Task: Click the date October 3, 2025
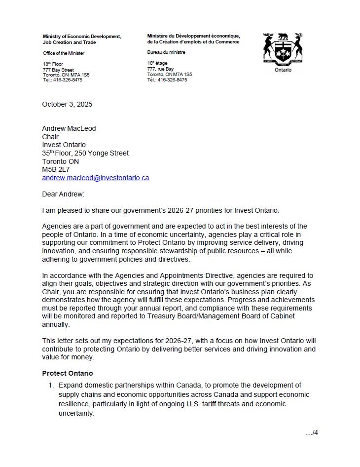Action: click(x=67, y=104)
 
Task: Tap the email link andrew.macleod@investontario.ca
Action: click(x=95, y=178)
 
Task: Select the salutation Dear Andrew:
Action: click(x=63, y=194)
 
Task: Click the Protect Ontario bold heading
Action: click(x=67, y=373)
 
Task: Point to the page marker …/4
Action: click(x=312, y=433)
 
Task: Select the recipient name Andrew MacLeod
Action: click(x=69, y=128)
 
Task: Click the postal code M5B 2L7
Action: click(x=56, y=169)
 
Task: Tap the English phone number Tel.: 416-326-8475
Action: click(x=62, y=80)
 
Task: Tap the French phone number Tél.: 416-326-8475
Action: click(x=167, y=79)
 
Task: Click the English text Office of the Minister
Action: click(x=63, y=53)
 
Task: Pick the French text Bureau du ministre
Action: click(x=166, y=52)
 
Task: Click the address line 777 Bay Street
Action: click(x=58, y=70)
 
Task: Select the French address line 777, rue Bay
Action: click(x=160, y=69)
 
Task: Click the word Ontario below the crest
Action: click(x=283, y=70)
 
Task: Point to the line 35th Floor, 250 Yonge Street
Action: click(x=85, y=153)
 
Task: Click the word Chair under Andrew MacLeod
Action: click(x=50, y=137)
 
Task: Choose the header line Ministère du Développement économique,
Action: click(x=193, y=37)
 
